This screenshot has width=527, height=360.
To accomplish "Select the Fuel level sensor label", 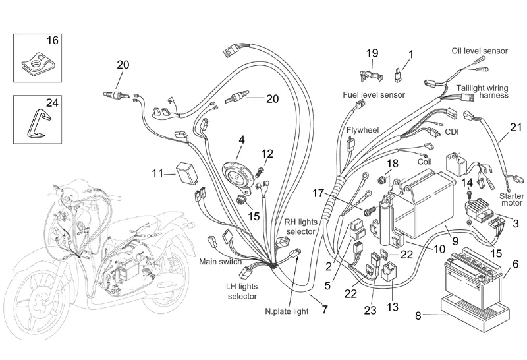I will (x=374, y=95).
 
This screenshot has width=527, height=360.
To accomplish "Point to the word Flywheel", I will (x=362, y=130).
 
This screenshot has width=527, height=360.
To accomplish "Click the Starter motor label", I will (x=511, y=200).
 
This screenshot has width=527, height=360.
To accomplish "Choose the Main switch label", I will (x=221, y=261).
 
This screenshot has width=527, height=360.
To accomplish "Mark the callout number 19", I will (x=372, y=53).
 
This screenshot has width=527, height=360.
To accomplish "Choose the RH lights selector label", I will (x=300, y=226).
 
